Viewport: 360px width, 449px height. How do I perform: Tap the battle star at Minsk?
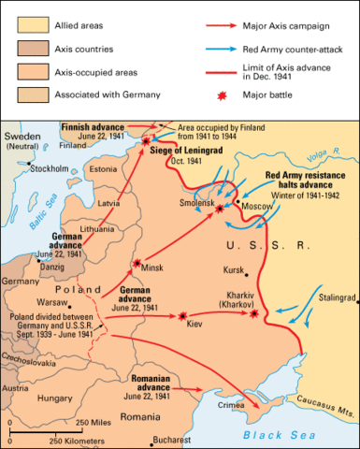tap(137, 264)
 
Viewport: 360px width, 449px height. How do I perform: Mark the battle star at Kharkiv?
tap(253, 315)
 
